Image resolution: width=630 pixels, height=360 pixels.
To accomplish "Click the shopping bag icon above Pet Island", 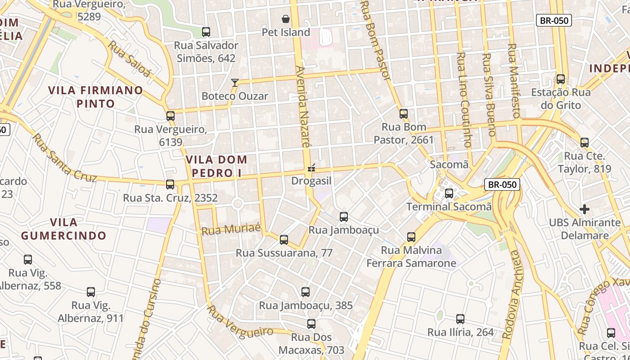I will (285, 19).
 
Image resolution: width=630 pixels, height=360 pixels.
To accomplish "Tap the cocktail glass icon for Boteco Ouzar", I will (234, 83).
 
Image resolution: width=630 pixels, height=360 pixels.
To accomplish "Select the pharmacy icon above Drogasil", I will (310, 168).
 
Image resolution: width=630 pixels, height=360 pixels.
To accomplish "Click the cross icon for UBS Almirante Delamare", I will (585, 209).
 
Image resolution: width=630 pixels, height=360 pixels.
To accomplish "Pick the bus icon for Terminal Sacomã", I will (449, 193).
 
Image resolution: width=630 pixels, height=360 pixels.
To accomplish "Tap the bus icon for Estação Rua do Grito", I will (561, 79).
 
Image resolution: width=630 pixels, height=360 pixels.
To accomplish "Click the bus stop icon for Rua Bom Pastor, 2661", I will (404, 114).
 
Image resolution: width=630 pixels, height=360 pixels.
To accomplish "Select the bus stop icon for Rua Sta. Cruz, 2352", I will (170, 184).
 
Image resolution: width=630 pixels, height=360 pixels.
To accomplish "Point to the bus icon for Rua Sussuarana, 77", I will (284, 240).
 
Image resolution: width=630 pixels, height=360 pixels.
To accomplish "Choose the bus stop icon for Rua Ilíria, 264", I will (460, 319).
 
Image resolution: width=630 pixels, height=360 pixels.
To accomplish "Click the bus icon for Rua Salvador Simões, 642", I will (206, 32).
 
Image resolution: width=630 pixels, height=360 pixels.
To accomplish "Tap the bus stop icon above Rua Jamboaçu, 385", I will (306, 292).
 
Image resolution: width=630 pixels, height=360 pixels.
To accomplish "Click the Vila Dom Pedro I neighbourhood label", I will (216, 166).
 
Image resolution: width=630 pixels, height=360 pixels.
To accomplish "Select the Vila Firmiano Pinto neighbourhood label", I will (95, 97).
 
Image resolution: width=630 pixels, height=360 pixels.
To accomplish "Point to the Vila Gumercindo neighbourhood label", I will (63, 229).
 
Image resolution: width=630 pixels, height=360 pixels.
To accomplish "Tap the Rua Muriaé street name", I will (231, 229).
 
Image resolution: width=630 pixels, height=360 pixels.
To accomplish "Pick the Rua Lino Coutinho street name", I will (463, 100).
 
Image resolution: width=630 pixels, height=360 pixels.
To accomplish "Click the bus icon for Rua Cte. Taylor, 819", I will (585, 143).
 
